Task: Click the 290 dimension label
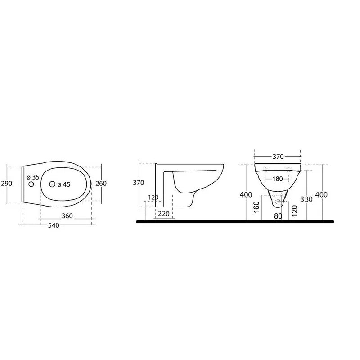tap(7, 183)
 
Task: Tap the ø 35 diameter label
tap(33, 177)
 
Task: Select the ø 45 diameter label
tap(64, 184)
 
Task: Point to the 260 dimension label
tap(101, 183)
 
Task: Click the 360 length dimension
tap(67, 216)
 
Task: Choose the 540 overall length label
tap(54, 225)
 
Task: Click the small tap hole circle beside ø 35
tap(31, 184)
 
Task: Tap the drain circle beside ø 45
tap(52, 184)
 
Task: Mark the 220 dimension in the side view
tap(164, 214)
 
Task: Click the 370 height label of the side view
tap(139, 183)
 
